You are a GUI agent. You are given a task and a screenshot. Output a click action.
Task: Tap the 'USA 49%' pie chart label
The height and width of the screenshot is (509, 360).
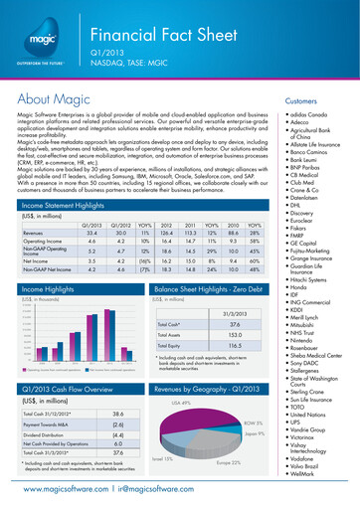[x=181, y=403]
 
